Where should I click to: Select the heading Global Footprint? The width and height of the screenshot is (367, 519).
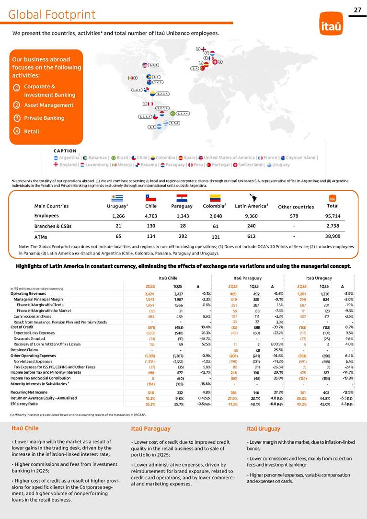[52, 15]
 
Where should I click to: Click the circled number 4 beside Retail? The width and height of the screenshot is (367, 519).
[16, 131]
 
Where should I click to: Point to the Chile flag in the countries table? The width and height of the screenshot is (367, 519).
[151, 197]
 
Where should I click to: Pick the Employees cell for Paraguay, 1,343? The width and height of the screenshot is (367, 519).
[182, 216]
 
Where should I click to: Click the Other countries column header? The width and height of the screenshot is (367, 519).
[296, 207]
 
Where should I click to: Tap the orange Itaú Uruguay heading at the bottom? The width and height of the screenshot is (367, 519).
[263, 428]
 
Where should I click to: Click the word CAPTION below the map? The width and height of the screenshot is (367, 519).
[65, 151]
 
